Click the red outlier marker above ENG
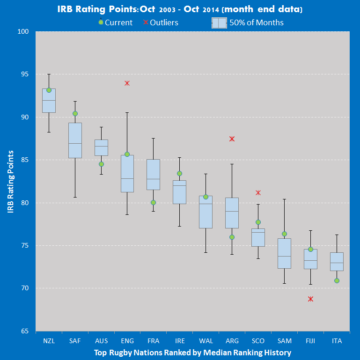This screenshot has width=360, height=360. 127,83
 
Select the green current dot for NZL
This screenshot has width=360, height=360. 49,90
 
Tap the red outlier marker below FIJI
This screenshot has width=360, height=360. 310,299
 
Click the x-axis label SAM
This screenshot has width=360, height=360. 284,341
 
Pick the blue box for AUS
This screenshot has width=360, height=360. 101,147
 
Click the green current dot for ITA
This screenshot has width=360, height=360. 337,281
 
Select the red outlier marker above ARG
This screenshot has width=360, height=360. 232,139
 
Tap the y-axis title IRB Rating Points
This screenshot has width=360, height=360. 11,182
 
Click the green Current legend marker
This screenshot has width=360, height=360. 101,22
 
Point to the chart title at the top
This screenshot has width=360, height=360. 180,9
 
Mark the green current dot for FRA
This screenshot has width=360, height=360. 153,203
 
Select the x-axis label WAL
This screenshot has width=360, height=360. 206,341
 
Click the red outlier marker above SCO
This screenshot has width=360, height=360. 258,193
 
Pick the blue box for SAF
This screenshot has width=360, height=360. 75,140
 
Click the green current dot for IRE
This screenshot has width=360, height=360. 179,173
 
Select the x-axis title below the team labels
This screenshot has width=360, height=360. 192,353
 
